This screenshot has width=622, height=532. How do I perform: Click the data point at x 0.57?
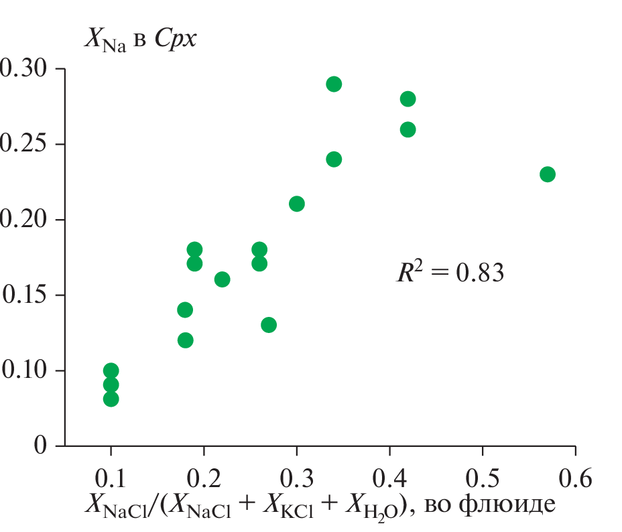click(x=547, y=174)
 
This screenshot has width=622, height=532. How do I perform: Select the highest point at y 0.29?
click(x=334, y=84)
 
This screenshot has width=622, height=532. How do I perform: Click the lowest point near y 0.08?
click(x=111, y=399)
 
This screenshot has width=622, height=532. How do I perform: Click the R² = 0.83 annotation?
click(x=449, y=273)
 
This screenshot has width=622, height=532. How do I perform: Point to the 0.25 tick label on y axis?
click(x=23, y=145)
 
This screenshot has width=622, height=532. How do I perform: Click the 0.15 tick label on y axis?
click(x=23, y=295)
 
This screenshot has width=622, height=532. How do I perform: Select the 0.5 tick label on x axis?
click(x=482, y=478)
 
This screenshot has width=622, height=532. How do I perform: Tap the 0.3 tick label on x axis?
click(x=296, y=478)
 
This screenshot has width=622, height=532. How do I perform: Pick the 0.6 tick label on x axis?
click(x=575, y=478)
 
